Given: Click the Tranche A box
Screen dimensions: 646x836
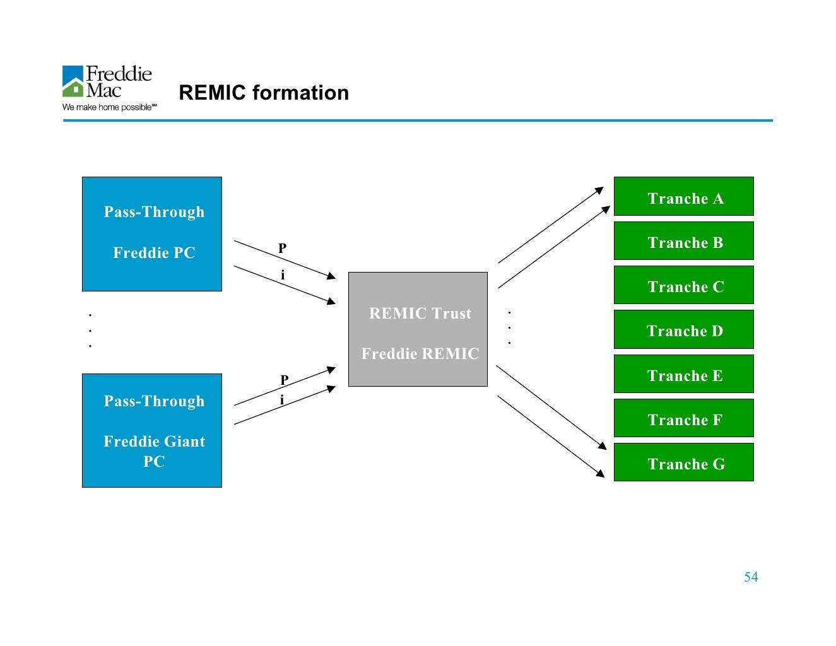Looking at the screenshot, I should tap(683, 197).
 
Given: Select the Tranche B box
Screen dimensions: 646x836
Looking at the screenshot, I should tap(683, 241).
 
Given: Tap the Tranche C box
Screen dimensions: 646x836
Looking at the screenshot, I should tap(683, 285).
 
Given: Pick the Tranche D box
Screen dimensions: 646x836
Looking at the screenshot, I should tap(683, 329).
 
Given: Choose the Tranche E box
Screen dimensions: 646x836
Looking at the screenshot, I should tap(683, 374).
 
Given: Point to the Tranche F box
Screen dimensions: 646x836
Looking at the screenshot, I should tap(683, 418).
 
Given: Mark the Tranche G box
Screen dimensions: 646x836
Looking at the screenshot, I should tap(683, 462).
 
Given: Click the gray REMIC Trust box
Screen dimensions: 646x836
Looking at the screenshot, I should tap(418, 329).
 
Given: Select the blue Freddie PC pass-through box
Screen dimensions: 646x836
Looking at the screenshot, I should tap(152, 234).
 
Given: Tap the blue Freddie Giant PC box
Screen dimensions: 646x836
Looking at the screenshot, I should tap(152, 430).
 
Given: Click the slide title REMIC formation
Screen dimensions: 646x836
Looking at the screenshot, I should tap(264, 93).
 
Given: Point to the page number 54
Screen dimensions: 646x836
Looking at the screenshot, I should tap(751, 577).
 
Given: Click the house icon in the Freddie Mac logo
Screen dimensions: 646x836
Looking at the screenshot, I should tap(73, 87).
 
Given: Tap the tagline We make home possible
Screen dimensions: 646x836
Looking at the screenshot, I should tap(109, 107).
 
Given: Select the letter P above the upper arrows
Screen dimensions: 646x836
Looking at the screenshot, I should tap(282, 249).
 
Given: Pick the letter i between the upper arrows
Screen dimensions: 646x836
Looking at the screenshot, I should tap(283, 275).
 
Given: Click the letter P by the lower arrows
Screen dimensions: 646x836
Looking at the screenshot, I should tap(284, 380).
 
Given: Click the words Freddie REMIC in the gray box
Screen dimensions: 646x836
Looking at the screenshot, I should tap(420, 354).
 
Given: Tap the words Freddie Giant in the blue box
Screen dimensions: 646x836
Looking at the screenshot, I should tap(154, 442).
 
